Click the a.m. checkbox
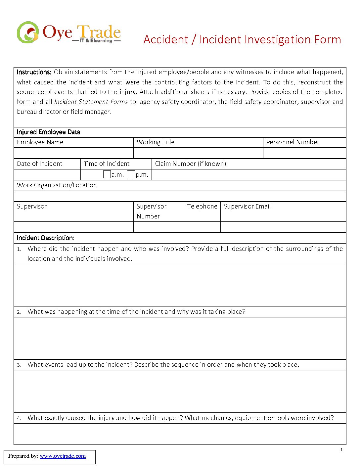[107, 174]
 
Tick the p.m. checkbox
[131, 174]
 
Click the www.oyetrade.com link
[63, 456]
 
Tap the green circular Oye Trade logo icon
[28, 32]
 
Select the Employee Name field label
[40, 142]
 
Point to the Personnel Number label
[292, 142]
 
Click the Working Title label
[156, 142]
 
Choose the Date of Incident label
[40, 164]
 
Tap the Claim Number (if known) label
[191, 164]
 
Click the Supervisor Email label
[247, 207]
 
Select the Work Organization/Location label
[57, 185]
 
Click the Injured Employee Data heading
[49, 132]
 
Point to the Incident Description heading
[46, 238]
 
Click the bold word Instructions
[34, 72]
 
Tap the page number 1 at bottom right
[341, 449]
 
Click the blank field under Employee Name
[73, 153]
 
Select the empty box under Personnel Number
[304, 153]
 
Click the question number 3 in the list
[19, 365]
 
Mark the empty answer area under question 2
[180, 338]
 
